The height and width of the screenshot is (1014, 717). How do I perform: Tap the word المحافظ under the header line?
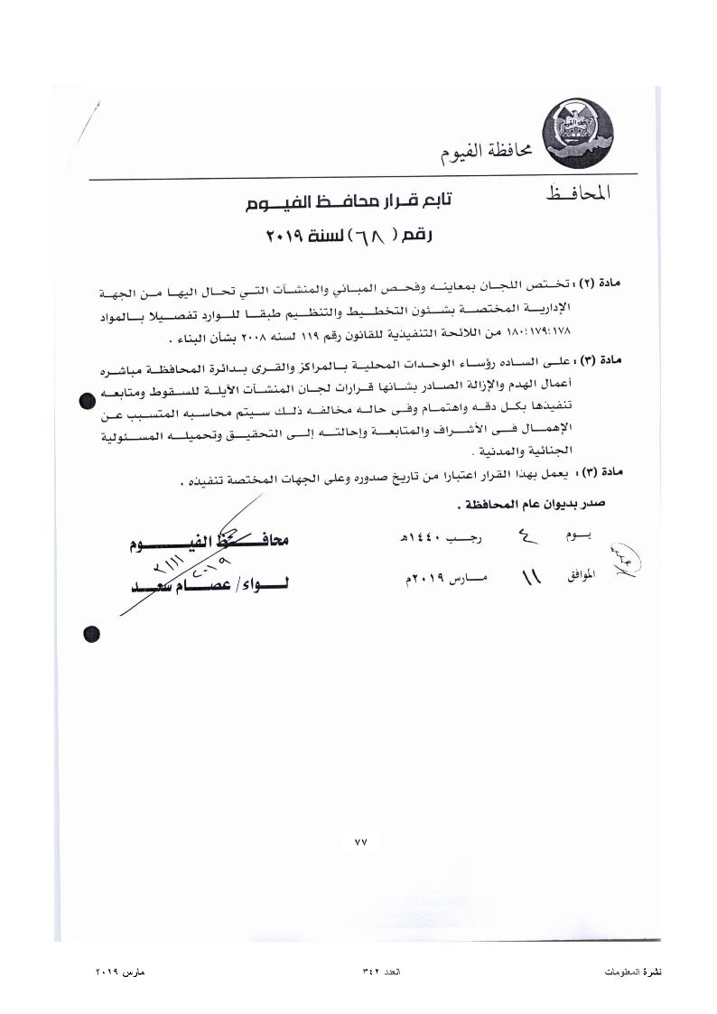coord(578,192)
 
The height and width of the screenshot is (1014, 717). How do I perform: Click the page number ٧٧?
coord(360,842)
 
